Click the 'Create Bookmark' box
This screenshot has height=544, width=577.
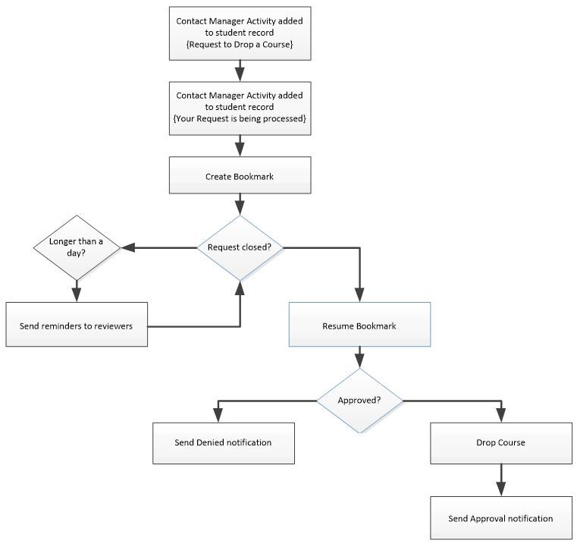(x=240, y=176)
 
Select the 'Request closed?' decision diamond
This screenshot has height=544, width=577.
(x=240, y=247)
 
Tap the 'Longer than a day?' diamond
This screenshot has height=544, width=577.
(x=76, y=247)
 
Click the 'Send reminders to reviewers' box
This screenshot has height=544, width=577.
(x=76, y=325)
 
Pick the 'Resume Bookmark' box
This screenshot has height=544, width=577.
(x=359, y=326)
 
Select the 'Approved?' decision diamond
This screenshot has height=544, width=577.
(x=359, y=400)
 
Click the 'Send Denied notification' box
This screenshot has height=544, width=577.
(x=223, y=442)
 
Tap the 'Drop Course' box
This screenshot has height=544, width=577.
(x=500, y=442)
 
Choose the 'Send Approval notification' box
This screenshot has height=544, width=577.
(x=500, y=518)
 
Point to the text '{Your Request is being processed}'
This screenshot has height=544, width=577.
(x=240, y=119)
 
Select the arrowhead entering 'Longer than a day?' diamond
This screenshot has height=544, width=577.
(x=127, y=247)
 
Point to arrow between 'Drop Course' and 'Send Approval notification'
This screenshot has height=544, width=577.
(x=500, y=480)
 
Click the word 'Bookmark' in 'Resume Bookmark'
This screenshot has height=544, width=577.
(x=377, y=326)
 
